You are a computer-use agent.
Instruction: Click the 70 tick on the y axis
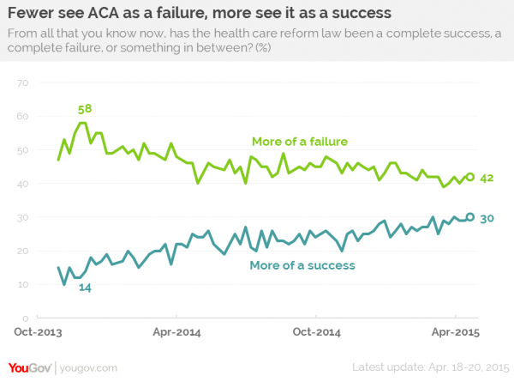coord(23,82)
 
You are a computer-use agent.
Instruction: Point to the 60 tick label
coord(23,116)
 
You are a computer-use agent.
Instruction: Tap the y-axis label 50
coord(23,150)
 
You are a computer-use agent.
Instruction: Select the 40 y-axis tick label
coord(23,184)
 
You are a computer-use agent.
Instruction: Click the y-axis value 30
coord(23,218)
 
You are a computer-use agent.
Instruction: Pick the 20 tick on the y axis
coord(23,252)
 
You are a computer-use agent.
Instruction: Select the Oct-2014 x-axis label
coord(315,330)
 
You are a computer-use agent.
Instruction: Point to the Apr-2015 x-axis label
coord(454,330)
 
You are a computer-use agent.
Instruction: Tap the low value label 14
coord(86,287)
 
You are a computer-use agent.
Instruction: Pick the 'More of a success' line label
coord(302,265)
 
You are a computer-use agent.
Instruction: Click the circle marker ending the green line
coord(469,177)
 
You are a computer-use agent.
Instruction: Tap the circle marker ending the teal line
coord(469,216)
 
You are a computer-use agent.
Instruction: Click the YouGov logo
coord(27,367)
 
